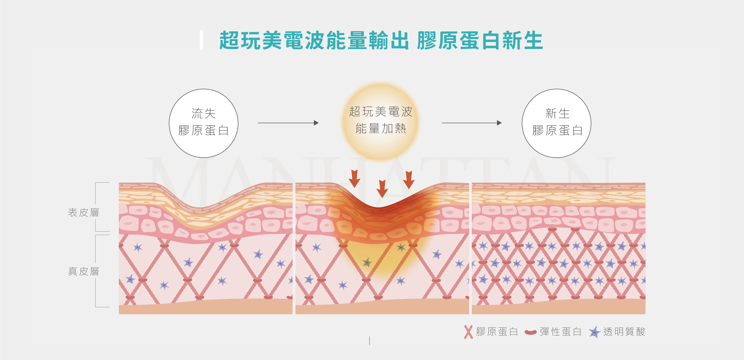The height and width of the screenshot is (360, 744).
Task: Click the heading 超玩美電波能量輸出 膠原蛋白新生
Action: pos(381,40)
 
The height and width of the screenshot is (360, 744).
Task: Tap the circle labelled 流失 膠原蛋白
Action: pos(204,123)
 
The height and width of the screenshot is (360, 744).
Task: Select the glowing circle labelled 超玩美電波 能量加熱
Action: pos(381,121)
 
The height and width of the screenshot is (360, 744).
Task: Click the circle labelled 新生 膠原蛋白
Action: pos(557,123)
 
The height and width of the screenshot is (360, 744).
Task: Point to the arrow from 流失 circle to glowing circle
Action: pos(288,123)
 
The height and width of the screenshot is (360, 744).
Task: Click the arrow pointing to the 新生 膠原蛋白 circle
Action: pos(471,123)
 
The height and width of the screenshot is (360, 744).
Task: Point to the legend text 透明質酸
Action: pos(624,332)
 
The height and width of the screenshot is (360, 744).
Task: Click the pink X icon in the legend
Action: pos(468,332)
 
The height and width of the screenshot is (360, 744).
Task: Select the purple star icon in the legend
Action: pos(594,332)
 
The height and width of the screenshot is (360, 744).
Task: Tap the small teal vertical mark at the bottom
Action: pos(369,341)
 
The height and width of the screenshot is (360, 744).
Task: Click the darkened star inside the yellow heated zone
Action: pos(367,262)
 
